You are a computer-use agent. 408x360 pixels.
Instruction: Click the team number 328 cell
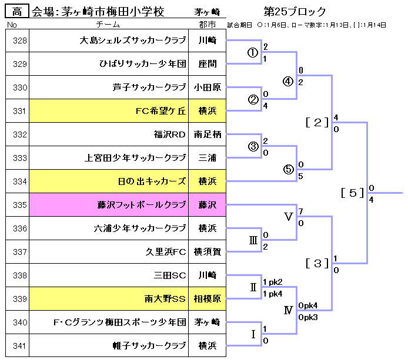click(19, 41)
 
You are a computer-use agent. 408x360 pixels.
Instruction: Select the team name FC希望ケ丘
click(160, 111)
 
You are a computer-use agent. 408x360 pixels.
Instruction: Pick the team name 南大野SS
click(165, 299)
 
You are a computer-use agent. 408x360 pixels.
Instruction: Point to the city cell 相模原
click(208, 299)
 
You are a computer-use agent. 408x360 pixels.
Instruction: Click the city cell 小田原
click(208, 88)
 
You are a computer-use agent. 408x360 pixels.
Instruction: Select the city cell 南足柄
click(208, 134)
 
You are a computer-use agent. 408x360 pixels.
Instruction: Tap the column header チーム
click(108, 25)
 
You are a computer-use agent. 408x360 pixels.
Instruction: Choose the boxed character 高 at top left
click(16, 12)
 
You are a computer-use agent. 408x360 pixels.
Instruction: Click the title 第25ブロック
click(295, 12)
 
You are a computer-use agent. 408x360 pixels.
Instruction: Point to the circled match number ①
click(253, 53)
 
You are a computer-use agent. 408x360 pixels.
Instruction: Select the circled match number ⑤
click(287, 169)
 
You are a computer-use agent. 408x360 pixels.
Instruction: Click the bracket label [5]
click(352, 193)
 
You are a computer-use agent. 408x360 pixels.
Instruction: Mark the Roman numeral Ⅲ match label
click(253, 240)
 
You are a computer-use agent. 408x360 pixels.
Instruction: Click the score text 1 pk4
click(273, 293)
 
